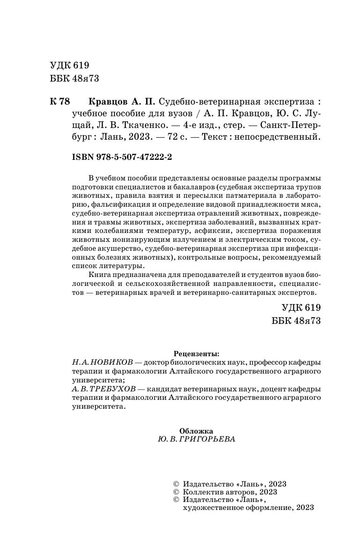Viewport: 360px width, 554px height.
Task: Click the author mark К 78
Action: [59, 102]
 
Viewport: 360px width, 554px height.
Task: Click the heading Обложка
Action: [196, 431]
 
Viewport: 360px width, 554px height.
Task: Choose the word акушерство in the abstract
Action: [119, 249]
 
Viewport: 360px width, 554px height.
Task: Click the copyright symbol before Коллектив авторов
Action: [176, 492]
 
